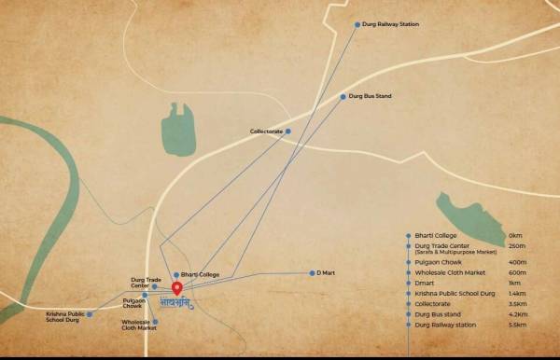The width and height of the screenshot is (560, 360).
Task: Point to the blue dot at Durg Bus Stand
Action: (343, 96)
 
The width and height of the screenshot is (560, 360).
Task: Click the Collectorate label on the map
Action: (266, 132)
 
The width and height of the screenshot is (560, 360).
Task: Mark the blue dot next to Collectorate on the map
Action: (287, 132)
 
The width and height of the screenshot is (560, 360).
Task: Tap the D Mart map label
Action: (327, 273)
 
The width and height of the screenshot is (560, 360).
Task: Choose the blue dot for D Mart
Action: (311, 273)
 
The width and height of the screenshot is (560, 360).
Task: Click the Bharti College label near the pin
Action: (201, 274)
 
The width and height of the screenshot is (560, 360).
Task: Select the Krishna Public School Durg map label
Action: (64, 318)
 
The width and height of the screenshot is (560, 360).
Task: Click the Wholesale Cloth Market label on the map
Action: (137, 325)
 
